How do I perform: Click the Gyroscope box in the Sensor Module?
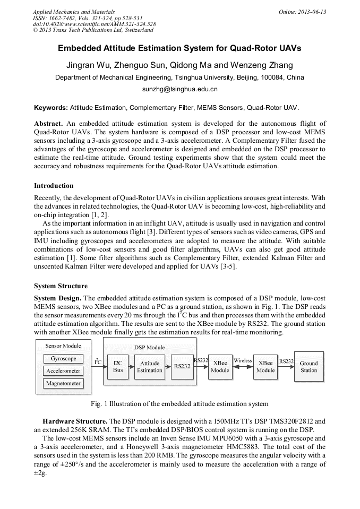click(63, 359)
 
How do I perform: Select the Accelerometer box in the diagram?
click(63, 371)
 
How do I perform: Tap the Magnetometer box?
click(63, 383)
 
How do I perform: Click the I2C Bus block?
click(118, 367)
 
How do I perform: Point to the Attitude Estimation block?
click(150, 367)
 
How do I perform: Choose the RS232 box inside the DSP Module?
click(182, 367)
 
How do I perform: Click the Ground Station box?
click(308, 367)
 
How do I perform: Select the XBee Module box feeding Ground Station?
click(265, 367)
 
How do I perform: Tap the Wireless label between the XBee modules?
click(243, 361)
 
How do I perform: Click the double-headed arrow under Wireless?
click(243, 367)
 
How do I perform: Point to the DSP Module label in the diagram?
click(150, 348)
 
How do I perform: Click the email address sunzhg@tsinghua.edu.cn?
click(179, 90)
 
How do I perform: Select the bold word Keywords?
click(51, 107)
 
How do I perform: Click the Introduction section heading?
click(54, 186)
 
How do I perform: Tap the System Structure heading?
click(61, 286)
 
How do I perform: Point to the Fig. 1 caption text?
click(179, 404)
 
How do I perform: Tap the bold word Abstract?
click(48, 123)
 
